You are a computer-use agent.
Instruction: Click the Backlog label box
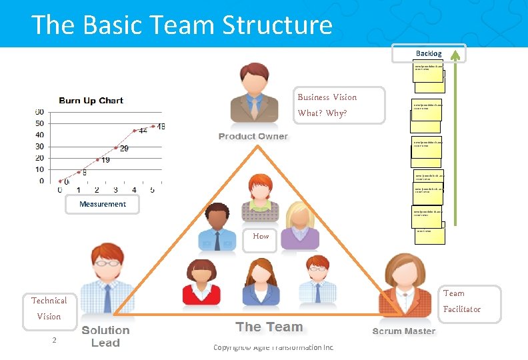tap(429, 53)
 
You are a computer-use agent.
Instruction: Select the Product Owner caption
tap(253, 137)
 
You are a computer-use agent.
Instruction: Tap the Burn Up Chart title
tap(91, 101)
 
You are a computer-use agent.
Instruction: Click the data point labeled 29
tap(116, 147)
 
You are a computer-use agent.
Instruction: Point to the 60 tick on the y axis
tap(40, 111)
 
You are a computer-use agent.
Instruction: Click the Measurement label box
tap(103, 204)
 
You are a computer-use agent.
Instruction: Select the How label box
tap(261, 236)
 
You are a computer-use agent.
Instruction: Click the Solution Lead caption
tap(105, 337)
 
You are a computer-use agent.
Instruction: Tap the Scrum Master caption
tap(403, 331)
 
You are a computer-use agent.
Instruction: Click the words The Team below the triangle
tap(269, 327)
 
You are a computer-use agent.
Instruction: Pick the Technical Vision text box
tap(49, 309)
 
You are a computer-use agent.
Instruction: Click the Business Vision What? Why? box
tap(339, 105)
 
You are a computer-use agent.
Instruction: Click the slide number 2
tap(55, 341)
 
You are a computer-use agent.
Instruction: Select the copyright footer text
tap(273, 347)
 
